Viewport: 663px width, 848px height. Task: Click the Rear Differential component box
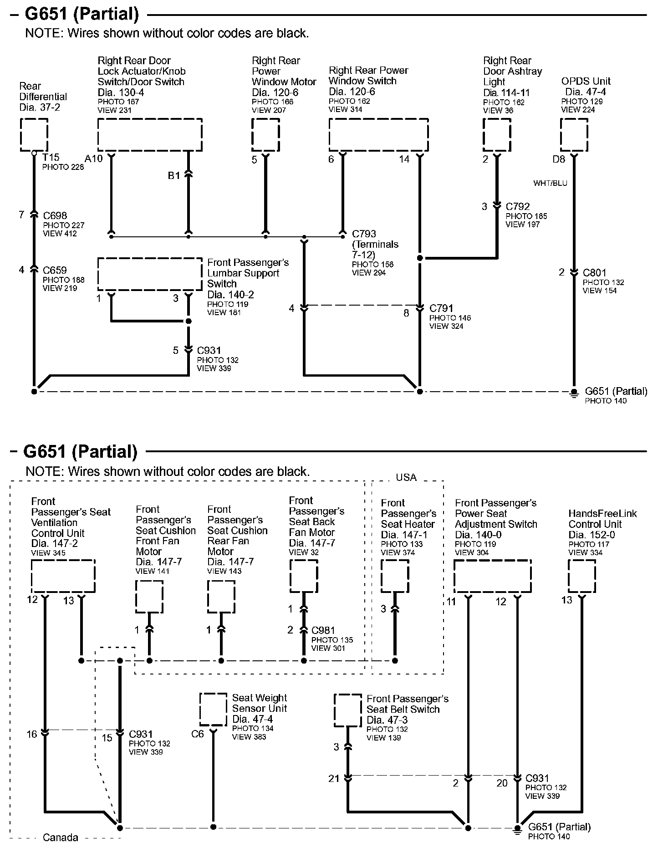pyautogui.click(x=34, y=135)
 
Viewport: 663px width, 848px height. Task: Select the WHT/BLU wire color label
pyautogui.click(x=550, y=183)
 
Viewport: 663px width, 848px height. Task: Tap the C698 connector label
pyautogui.click(x=55, y=215)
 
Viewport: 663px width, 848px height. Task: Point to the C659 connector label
pyautogui.click(x=55, y=270)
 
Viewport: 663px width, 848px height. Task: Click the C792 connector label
pyautogui.click(x=518, y=206)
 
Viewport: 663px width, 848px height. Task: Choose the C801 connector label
pyautogui.click(x=595, y=273)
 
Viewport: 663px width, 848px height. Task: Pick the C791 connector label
pyautogui.click(x=441, y=308)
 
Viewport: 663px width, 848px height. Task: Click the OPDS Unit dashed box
pyautogui.click(x=574, y=135)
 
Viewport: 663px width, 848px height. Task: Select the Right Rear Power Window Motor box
pyautogui.click(x=265, y=135)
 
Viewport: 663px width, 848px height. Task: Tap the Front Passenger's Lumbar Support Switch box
pyautogui.click(x=150, y=274)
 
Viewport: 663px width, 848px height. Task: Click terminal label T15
pyautogui.click(x=51, y=158)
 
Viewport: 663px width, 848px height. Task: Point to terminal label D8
pyautogui.click(x=559, y=159)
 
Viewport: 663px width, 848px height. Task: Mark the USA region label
pyautogui.click(x=406, y=477)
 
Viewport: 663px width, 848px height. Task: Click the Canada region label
pyautogui.click(x=60, y=838)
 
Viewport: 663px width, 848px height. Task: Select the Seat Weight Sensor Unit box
pyautogui.click(x=213, y=710)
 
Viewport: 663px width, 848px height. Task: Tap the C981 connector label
pyautogui.click(x=323, y=630)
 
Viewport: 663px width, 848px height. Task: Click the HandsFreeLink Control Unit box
pyautogui.click(x=581, y=576)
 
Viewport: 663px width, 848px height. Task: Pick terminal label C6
pyautogui.click(x=198, y=734)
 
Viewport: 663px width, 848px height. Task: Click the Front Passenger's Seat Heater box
pyautogui.click(x=395, y=576)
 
